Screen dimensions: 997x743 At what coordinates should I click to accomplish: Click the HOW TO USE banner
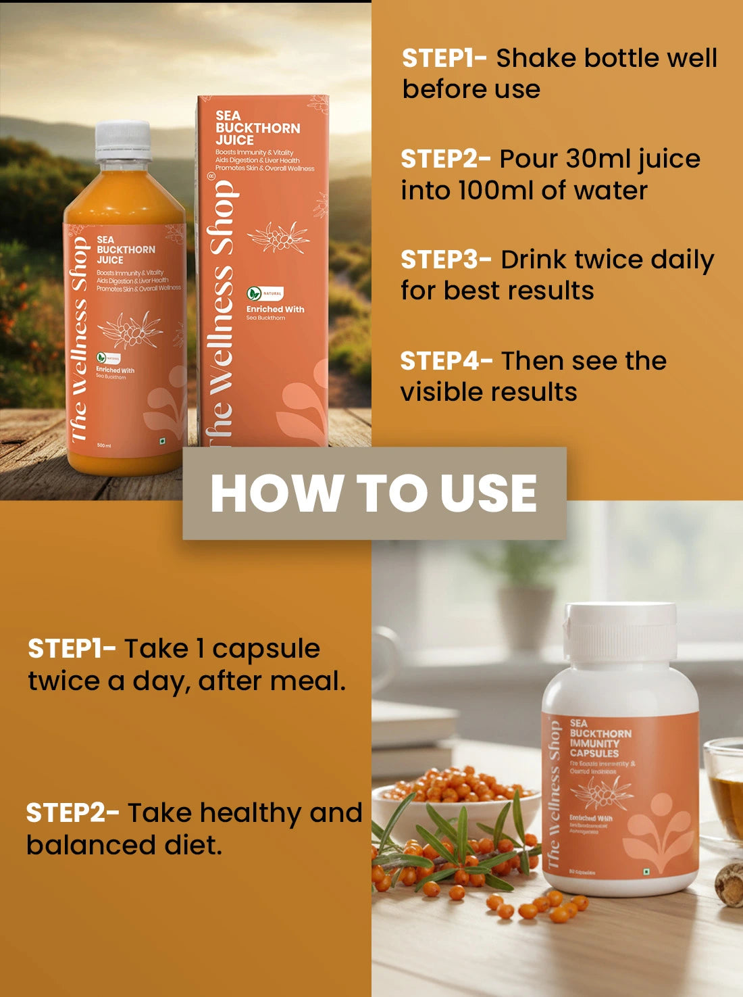click(x=374, y=493)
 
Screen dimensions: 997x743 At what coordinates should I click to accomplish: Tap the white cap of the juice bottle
click(x=123, y=141)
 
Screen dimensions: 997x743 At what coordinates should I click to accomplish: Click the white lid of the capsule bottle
click(x=620, y=632)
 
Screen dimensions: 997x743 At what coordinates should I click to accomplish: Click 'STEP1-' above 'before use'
click(x=444, y=58)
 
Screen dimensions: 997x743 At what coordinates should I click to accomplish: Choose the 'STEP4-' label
click(x=446, y=361)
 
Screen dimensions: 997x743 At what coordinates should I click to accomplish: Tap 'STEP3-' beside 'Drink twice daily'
click(x=446, y=260)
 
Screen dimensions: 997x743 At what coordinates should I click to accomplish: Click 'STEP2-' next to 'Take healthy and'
click(x=72, y=812)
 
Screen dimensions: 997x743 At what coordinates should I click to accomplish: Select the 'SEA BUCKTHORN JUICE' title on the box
click(x=257, y=128)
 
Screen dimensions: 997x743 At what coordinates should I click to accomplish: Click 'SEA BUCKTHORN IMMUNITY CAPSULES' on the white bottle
click(x=600, y=738)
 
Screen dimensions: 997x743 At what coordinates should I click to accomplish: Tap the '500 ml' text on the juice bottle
click(x=104, y=445)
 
